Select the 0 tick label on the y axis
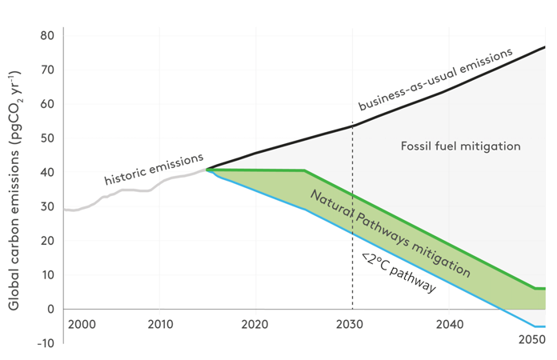pyautogui.click(x=50, y=309)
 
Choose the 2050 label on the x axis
pyautogui.click(x=531, y=340)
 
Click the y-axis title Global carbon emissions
pyautogui.click(x=14, y=190)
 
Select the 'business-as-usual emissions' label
pyautogui.click(x=435, y=80)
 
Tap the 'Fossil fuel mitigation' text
pyautogui.click(x=460, y=146)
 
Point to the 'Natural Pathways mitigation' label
pyautogui.click(x=389, y=233)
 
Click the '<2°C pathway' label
pyautogui.click(x=398, y=274)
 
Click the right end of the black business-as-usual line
pyautogui.click(x=544, y=47)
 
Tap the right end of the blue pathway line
pyautogui.click(x=544, y=326)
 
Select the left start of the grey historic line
pyautogui.click(x=64, y=210)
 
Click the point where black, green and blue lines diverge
pyautogui.click(x=207, y=169)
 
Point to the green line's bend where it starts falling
pyautogui.click(x=305, y=170)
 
